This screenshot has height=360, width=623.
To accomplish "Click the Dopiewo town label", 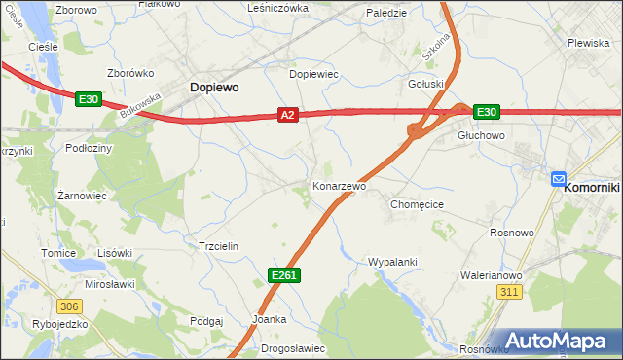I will (x=213, y=88).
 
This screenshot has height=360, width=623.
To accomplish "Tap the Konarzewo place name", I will (x=339, y=185).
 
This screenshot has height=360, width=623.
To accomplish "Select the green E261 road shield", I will (x=283, y=276).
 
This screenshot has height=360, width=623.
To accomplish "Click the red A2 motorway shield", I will (x=287, y=115).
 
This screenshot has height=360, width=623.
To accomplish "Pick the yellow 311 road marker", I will (x=508, y=292).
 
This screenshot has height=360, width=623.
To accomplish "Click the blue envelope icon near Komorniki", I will (x=559, y=178).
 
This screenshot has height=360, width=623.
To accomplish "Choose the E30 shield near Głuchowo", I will (x=487, y=112).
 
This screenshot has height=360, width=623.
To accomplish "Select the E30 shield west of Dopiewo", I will (x=89, y=98).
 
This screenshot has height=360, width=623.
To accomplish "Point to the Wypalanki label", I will (x=392, y=262).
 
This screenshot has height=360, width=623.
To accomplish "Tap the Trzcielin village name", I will (x=218, y=247).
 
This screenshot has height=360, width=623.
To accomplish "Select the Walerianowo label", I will (x=492, y=275).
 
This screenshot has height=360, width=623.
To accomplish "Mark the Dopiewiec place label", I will (x=313, y=74).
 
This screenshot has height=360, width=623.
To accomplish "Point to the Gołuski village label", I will (x=426, y=84).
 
